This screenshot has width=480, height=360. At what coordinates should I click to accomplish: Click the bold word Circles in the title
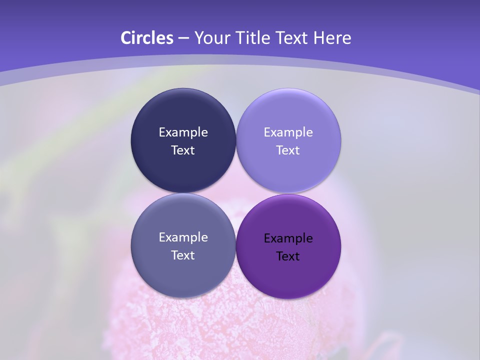[x=146, y=38]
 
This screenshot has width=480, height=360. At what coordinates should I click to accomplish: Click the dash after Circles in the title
[x=183, y=38]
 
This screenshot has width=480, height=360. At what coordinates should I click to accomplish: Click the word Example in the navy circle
[x=183, y=132]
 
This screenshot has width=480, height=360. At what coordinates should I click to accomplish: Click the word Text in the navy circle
[x=183, y=150]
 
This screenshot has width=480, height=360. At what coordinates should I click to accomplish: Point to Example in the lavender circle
[x=288, y=132]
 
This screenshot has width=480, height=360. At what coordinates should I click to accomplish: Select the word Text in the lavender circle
[x=288, y=150]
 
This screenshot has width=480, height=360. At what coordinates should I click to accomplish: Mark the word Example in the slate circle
[x=183, y=237]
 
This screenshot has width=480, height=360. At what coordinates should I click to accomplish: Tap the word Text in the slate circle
[x=183, y=255]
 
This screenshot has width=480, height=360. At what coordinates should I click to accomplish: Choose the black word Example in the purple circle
[x=288, y=238]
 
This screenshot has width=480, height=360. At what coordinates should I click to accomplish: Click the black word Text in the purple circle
[x=288, y=256]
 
